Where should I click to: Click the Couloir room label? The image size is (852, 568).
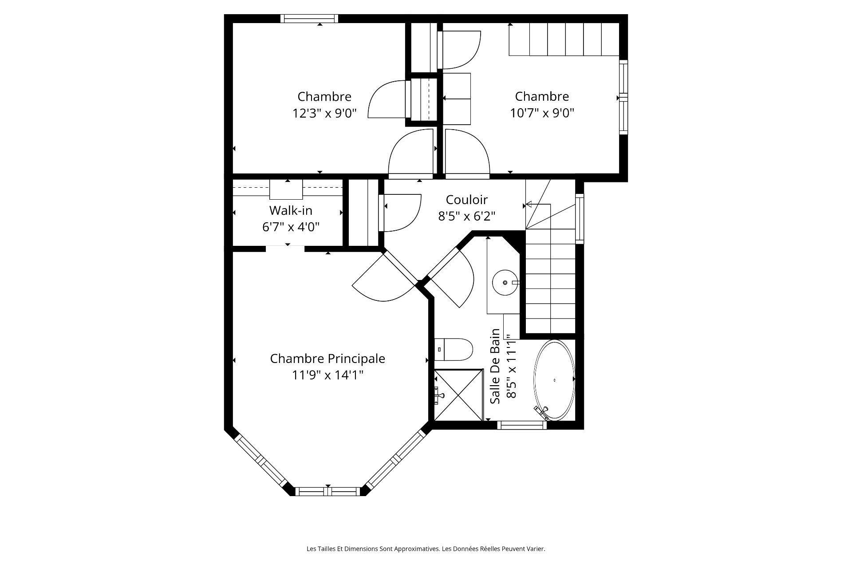point(466,200)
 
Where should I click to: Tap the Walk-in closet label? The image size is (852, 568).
point(291,210)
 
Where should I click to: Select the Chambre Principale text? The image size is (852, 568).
point(327,359)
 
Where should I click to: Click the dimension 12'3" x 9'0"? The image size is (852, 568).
point(324,113)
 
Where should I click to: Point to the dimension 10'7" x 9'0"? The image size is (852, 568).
point(542,113)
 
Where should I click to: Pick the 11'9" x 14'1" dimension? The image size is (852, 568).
point(327,375)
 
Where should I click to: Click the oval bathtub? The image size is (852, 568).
point(554,380)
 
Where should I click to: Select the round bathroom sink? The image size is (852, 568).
point(505,282)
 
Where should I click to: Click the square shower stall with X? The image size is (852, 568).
point(458,394)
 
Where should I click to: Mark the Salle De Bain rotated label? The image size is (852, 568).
point(496,367)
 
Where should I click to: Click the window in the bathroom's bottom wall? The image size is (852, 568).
point(521,425)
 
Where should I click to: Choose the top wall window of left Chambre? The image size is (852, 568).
point(309,19)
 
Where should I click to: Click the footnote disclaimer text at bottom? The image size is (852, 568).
point(426,549)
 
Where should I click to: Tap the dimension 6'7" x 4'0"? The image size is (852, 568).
point(291,227)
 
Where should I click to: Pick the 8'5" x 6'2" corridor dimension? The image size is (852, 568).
point(466,217)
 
